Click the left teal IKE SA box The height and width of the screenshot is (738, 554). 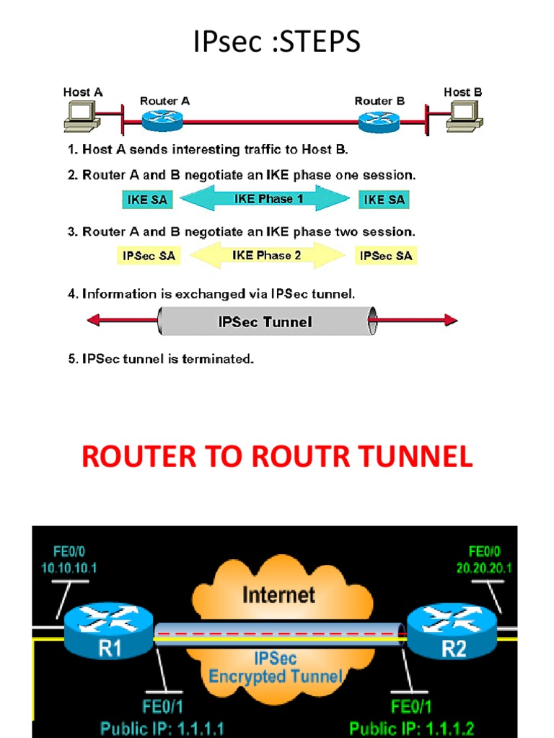148,200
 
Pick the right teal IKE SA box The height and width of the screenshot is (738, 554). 382,200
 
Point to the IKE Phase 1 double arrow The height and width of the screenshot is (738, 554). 264,199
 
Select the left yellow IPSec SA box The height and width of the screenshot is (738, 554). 149,256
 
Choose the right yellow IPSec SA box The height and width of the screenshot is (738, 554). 385,256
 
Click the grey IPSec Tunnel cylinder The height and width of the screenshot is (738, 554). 265,321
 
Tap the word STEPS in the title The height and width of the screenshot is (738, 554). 319,43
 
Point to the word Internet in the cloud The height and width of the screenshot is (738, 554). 278,595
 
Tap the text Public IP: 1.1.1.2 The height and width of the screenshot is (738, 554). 412,728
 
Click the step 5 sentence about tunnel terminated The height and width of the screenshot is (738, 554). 161,359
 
